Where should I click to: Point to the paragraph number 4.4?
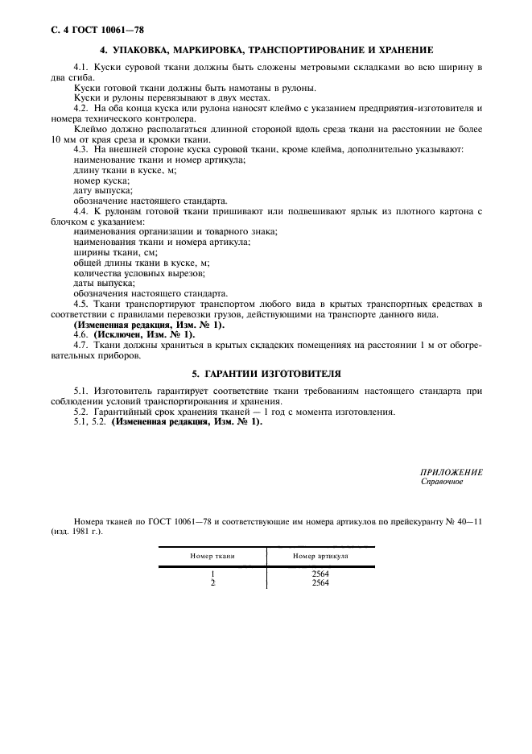[81, 212]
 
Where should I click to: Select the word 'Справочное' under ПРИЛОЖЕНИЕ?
[442, 482]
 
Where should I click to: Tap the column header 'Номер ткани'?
[212, 556]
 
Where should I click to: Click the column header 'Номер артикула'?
[320, 556]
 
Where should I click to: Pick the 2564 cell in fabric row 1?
[320, 574]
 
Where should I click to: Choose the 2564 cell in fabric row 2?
[320, 583]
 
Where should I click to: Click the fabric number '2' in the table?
[212, 583]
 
